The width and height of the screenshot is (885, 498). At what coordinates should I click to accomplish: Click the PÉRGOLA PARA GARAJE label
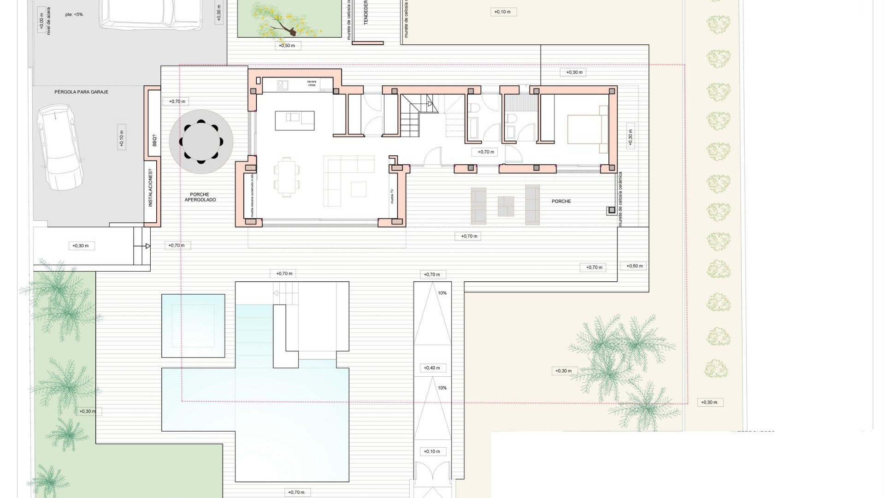tap(81, 92)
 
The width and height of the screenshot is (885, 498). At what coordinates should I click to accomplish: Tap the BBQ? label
tap(154, 140)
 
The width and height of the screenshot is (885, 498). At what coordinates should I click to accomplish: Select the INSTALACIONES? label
tap(150, 188)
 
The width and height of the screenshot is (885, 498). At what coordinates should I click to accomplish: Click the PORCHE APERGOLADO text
tap(200, 197)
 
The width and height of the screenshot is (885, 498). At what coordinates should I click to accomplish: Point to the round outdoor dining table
tap(201, 142)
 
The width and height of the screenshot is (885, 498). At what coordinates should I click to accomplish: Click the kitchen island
tap(295, 120)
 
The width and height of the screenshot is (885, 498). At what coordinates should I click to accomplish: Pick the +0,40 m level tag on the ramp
tap(432, 368)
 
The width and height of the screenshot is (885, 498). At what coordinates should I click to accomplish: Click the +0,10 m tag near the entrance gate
tap(432, 451)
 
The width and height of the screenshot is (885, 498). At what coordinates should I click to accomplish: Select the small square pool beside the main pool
tap(193, 326)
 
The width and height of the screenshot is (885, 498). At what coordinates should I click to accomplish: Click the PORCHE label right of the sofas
tap(561, 202)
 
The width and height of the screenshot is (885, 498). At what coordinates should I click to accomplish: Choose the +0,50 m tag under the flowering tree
tap(287, 46)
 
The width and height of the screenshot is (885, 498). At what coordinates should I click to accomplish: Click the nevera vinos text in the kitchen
tap(312, 83)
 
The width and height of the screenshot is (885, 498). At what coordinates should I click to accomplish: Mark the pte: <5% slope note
tap(74, 15)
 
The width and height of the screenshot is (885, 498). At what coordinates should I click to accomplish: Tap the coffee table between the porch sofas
tap(506, 206)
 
